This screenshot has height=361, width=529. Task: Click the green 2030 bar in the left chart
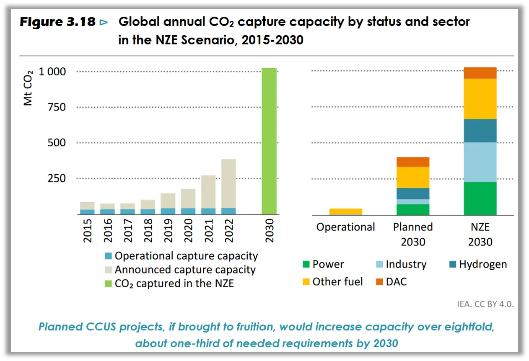[269, 141]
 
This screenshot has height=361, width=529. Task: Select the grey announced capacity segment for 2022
[228, 183]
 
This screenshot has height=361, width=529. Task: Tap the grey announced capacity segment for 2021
[208, 191]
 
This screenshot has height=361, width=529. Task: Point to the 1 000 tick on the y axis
[52, 72]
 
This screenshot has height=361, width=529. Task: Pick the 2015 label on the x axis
[88, 230]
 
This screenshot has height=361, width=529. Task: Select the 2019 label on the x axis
[168, 230]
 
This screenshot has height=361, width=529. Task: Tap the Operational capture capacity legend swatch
[108, 256]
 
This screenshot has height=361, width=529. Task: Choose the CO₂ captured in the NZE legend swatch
[108, 284]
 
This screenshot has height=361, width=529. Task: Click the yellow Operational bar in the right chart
[346, 211]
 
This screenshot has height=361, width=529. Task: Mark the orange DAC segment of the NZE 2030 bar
[480, 73]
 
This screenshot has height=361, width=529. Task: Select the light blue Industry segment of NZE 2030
[480, 162]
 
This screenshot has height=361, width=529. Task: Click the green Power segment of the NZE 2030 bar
[480, 198]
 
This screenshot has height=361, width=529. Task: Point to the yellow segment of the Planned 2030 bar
[413, 177]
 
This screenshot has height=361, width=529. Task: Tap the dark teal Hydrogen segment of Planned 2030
[413, 193]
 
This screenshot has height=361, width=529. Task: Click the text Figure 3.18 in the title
[58, 22]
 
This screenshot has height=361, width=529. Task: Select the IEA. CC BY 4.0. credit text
[485, 304]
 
